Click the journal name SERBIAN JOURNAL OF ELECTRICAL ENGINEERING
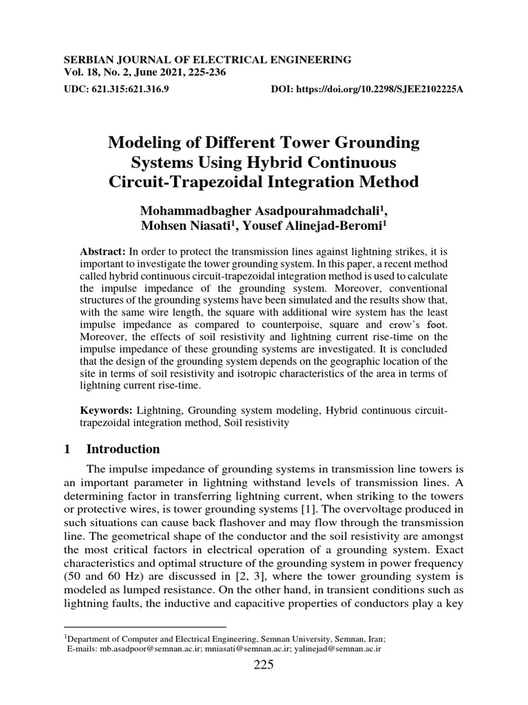click(x=207, y=60)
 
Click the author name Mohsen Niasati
click(x=179, y=226)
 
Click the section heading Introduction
click(x=123, y=449)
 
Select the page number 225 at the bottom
click(x=264, y=664)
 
